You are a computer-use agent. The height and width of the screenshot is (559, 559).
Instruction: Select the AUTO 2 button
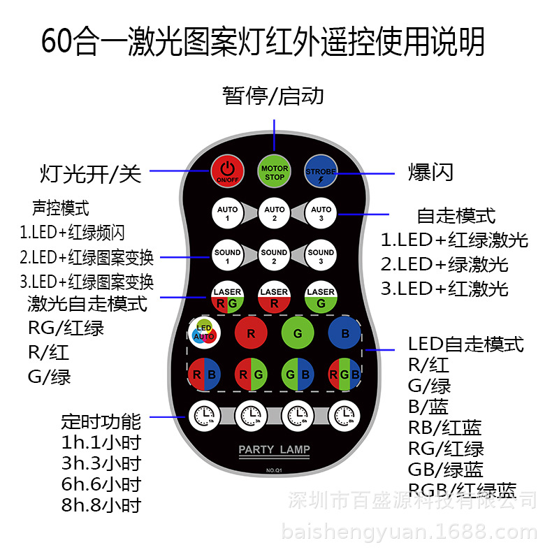(x=274, y=212)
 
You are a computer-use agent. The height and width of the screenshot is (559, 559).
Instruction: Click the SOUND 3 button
(x=321, y=256)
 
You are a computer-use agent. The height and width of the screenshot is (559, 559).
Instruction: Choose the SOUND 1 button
(x=227, y=256)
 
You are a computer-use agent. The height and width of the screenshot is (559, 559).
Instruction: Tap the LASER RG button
(x=227, y=297)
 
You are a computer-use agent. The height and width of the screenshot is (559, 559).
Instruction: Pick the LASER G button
(x=321, y=297)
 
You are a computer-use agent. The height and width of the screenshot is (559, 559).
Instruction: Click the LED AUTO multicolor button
(x=204, y=333)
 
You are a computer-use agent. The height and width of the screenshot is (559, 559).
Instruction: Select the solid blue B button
(x=344, y=333)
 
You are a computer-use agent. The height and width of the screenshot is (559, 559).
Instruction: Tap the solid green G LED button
(x=298, y=333)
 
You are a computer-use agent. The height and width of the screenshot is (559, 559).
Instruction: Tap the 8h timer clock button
(x=344, y=416)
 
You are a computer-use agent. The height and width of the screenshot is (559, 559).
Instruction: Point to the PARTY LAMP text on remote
(x=274, y=449)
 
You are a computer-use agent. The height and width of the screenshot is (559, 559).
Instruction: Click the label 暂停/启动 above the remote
(x=273, y=95)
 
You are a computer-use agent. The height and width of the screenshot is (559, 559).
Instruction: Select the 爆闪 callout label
(x=430, y=172)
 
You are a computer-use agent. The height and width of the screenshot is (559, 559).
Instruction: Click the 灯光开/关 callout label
(x=90, y=173)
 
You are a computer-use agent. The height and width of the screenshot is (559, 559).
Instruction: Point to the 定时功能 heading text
(x=101, y=421)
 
